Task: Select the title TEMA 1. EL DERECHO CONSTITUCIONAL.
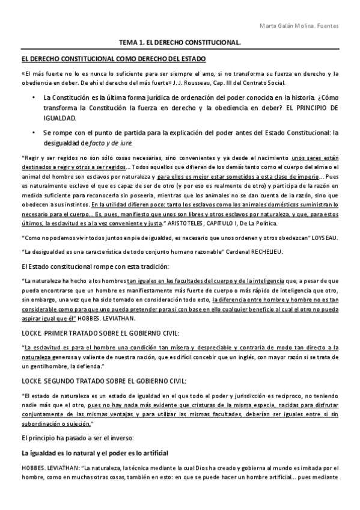click(x=180, y=43)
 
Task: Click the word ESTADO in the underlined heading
click(x=192, y=59)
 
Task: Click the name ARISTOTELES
click(x=195, y=223)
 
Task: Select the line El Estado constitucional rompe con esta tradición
click(x=95, y=266)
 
